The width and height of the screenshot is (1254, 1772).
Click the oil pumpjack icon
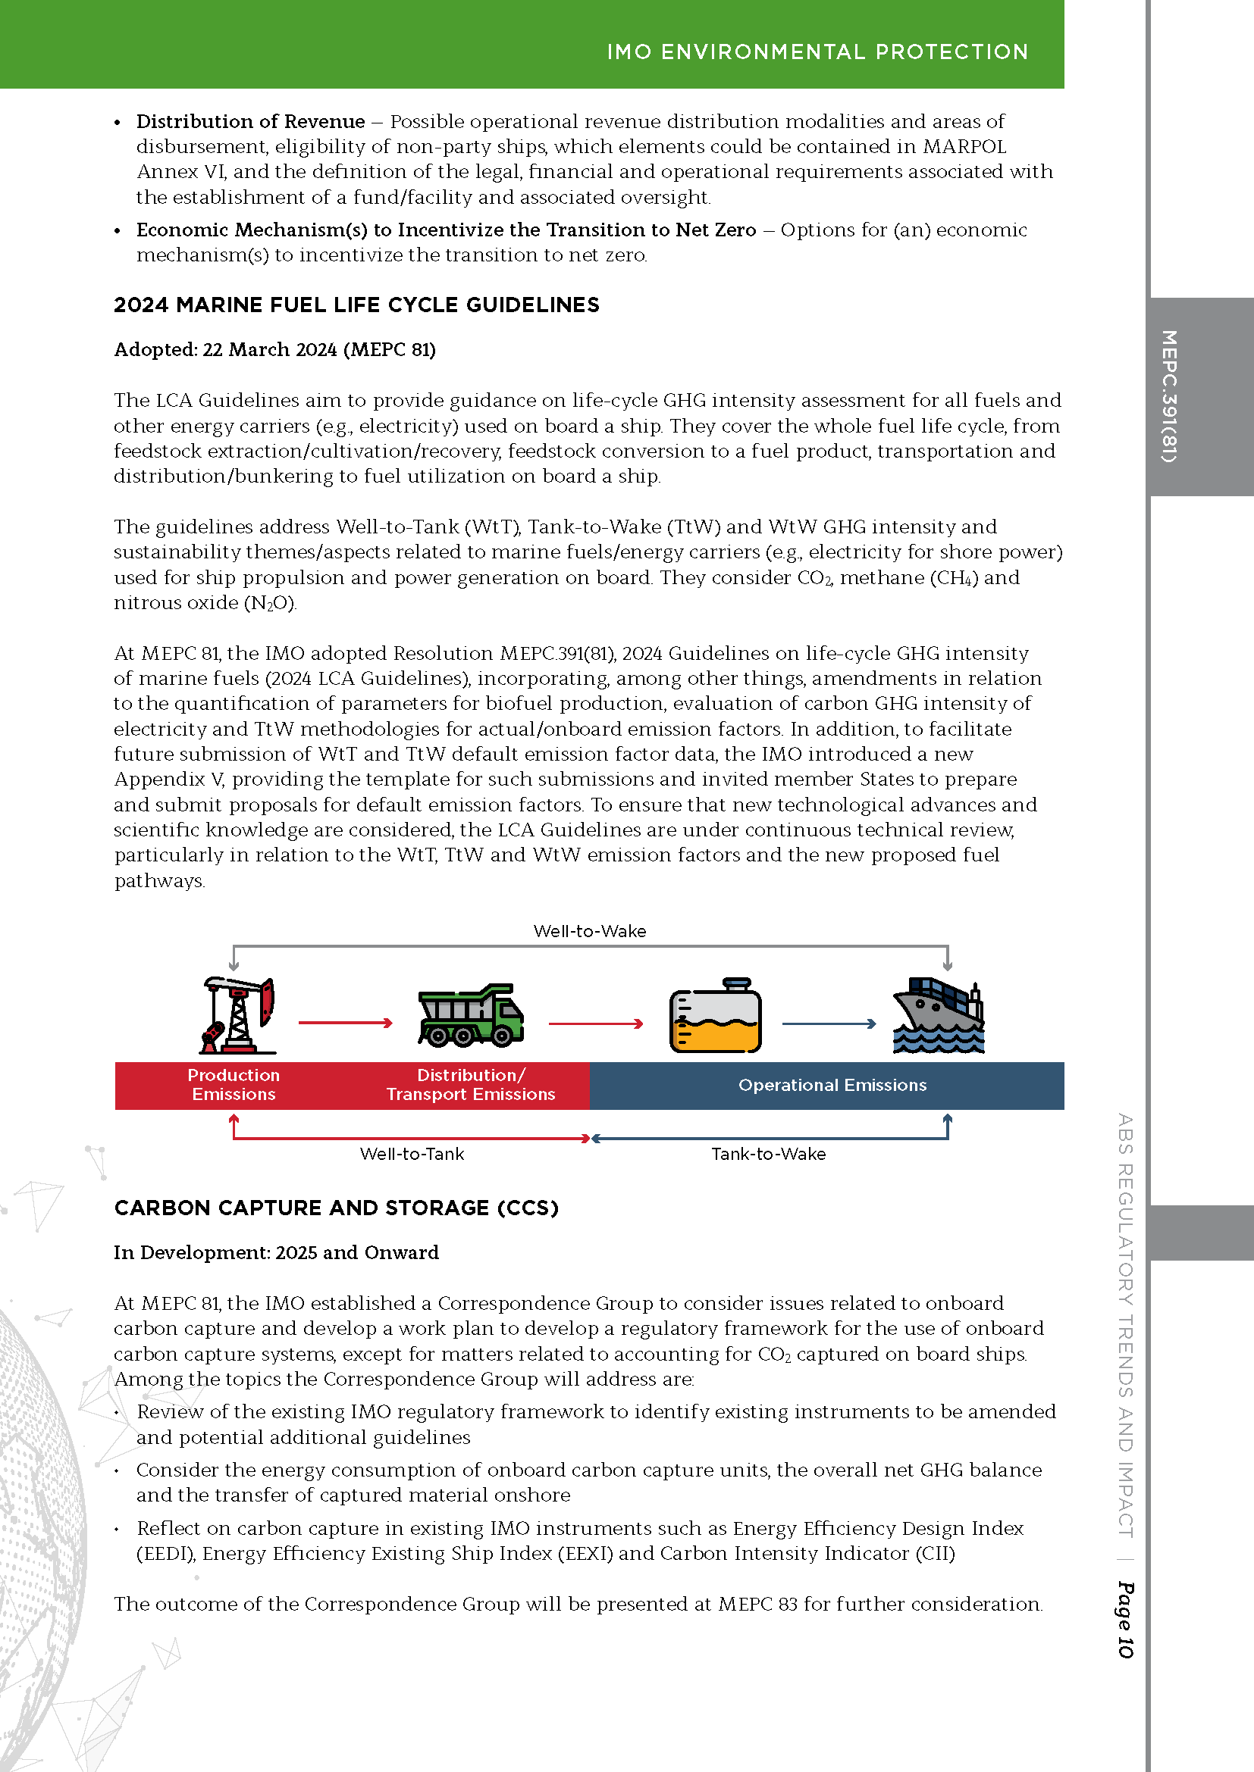(238, 1015)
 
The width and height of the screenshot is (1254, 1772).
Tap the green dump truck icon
(470, 1016)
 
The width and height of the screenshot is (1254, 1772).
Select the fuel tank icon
(715, 1017)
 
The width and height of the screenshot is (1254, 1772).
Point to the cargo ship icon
(939, 1016)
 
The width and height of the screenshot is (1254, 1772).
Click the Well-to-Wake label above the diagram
(590, 931)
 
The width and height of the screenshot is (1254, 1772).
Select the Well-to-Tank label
(412, 1154)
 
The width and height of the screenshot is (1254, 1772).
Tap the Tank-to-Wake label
(768, 1154)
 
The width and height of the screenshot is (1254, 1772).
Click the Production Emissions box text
(234, 1084)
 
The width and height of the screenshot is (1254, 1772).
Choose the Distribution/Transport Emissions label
(470, 1084)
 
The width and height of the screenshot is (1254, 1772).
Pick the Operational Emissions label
(832, 1085)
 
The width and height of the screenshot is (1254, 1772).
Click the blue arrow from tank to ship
(829, 1024)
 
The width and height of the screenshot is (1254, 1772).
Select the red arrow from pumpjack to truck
(345, 1024)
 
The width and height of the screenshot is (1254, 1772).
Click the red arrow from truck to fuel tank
(595, 1024)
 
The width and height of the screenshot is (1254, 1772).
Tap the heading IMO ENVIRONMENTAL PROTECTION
(817, 52)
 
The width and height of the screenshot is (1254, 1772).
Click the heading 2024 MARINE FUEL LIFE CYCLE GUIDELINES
(356, 305)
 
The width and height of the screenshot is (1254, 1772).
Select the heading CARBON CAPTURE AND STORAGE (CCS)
(336, 1208)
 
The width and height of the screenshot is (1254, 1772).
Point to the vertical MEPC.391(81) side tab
(1169, 396)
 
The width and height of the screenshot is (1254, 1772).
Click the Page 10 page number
(1125, 1619)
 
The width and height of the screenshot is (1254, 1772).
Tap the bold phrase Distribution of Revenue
(250, 121)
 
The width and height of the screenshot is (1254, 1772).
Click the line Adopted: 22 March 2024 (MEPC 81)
(274, 349)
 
